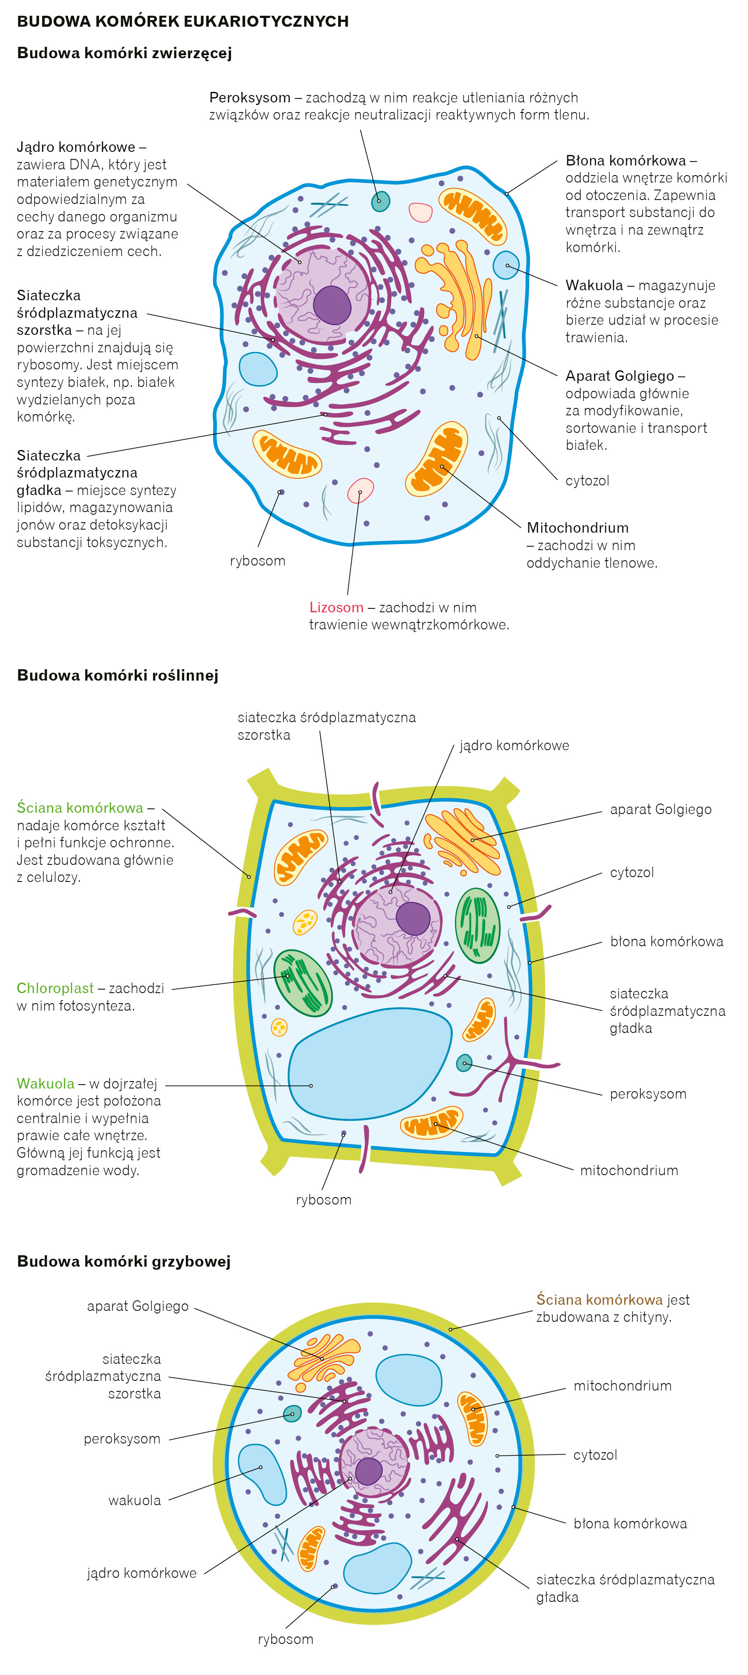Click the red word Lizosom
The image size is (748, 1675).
pos(336,607)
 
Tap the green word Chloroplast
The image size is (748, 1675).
pos(55,988)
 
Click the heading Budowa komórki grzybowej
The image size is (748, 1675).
pos(123,1261)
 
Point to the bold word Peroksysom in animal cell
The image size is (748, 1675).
pos(249,98)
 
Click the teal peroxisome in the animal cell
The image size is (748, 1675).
pos(380,201)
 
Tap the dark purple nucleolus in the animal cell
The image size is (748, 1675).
pos(332,305)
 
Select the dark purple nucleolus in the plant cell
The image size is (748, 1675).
pos(412,918)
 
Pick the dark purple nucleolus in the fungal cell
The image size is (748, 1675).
pos(368,1471)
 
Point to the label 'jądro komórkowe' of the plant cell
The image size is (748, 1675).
pos(514,745)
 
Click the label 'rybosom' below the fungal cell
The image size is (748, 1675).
pos(285,1639)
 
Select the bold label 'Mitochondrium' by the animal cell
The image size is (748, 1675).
pos(577,527)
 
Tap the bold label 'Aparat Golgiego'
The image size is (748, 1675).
pos(619,376)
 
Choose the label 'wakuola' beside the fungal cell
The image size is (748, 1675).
pos(135,1500)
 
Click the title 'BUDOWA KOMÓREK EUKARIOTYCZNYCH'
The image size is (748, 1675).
pos(182,21)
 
